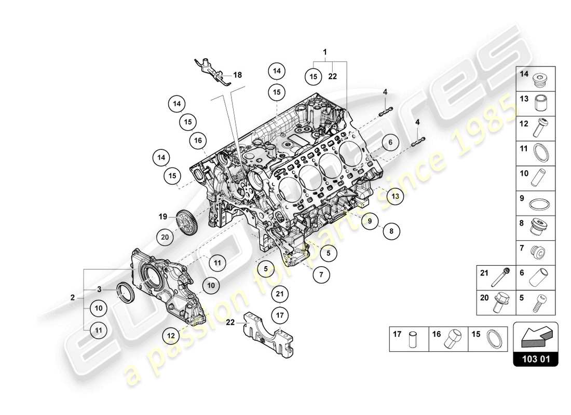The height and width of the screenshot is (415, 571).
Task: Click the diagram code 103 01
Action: point(536,358)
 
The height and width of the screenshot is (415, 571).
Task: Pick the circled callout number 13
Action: point(395,196)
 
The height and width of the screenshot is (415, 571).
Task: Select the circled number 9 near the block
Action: point(369,221)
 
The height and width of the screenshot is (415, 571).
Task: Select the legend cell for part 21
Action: point(496,277)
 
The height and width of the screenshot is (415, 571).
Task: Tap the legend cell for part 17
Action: point(409,339)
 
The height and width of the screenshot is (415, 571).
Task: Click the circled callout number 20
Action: point(166,237)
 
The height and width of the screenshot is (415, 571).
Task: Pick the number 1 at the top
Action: point(325,52)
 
